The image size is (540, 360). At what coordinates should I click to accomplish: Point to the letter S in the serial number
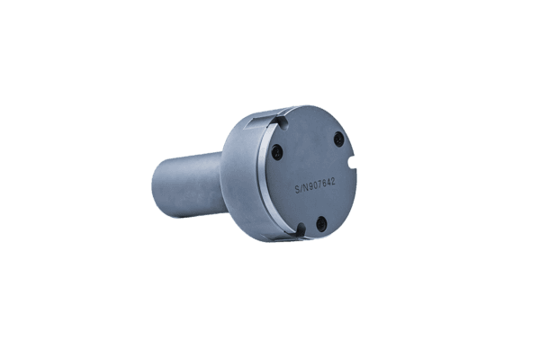point(299,191)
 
